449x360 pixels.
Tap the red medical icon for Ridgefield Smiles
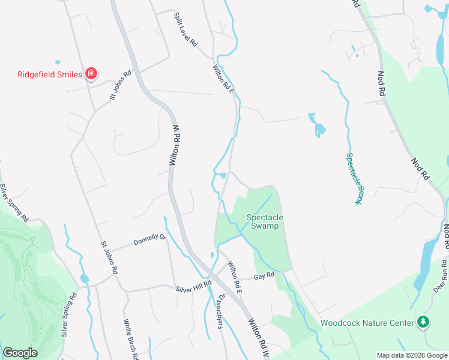(x=91, y=74)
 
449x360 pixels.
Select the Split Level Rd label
(x=185, y=29)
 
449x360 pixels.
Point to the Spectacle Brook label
(x=353, y=179)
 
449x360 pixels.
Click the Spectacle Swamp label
(x=265, y=221)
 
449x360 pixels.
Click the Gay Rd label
(x=264, y=276)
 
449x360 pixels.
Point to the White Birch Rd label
(x=131, y=340)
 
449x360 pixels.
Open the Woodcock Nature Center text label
(x=367, y=323)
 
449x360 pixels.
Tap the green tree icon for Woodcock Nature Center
(x=424, y=322)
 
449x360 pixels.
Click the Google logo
(x=20, y=353)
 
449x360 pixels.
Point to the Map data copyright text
(x=412, y=355)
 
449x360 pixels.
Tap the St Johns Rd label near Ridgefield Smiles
(x=119, y=86)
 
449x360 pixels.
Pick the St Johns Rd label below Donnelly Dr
(x=109, y=258)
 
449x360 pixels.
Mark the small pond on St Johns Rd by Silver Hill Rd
(x=84, y=279)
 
